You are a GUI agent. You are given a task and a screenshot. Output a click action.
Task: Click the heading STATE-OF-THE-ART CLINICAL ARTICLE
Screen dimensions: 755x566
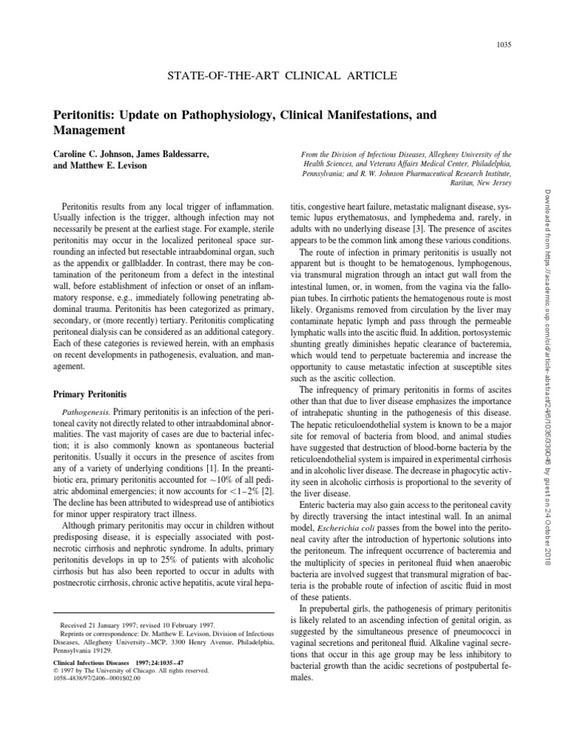tap(283, 76)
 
